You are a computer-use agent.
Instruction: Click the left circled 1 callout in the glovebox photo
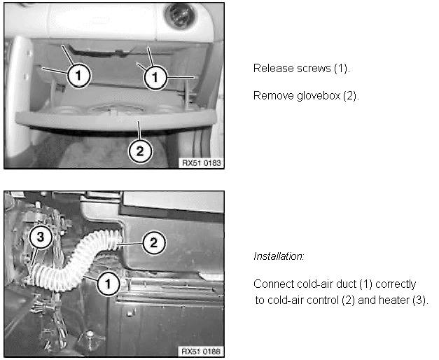(78, 76)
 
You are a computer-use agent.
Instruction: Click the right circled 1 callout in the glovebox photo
(155, 77)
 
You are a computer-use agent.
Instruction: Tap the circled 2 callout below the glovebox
(140, 151)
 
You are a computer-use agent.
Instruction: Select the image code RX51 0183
(202, 163)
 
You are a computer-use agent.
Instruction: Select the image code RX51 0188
(201, 352)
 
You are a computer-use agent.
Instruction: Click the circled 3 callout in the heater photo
(41, 237)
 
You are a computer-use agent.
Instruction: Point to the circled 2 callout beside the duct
(154, 242)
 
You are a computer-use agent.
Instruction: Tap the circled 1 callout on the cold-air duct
(108, 284)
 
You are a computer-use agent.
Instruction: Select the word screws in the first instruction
(314, 69)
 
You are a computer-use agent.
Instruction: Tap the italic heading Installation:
(279, 256)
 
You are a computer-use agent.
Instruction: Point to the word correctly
(396, 284)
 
